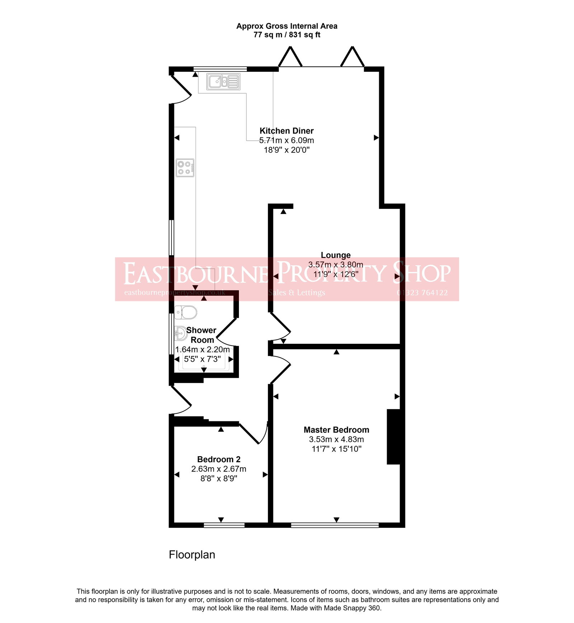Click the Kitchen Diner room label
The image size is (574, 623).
(x=286, y=131)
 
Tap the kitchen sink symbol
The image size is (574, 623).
(x=223, y=81)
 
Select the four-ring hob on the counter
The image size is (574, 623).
(x=185, y=168)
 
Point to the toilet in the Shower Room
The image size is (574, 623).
(x=185, y=312)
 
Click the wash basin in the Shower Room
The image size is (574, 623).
(x=180, y=333)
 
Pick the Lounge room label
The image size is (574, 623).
(x=335, y=255)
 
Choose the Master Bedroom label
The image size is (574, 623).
(x=336, y=430)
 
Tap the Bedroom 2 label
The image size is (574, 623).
(x=218, y=459)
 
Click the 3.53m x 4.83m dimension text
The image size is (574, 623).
(x=336, y=439)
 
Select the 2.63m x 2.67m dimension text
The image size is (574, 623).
(x=218, y=469)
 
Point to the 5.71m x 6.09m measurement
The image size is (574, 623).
(x=286, y=140)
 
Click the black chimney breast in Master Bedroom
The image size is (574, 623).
(x=394, y=437)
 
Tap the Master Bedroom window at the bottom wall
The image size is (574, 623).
(x=335, y=525)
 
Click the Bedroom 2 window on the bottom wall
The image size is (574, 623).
(x=224, y=525)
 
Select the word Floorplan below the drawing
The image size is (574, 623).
(x=192, y=554)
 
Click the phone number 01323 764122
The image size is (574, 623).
(x=422, y=292)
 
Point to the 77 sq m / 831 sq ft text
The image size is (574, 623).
(x=287, y=35)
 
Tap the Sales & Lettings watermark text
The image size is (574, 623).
(x=297, y=292)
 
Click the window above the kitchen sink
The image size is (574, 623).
(x=220, y=69)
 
